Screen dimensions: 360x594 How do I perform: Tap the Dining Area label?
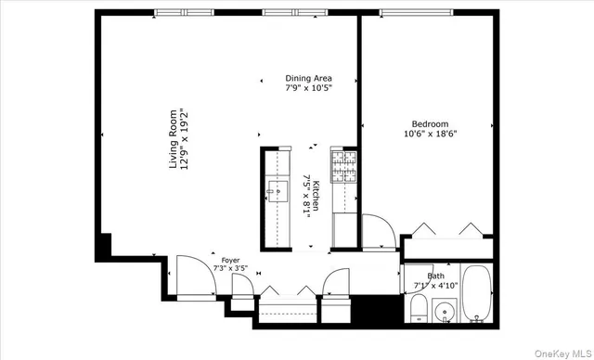[308, 79]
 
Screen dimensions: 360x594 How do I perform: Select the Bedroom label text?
[430, 123]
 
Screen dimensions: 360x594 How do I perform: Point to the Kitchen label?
[316, 195]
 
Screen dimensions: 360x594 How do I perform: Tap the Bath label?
[435, 276]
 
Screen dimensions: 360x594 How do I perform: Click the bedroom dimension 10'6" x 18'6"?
[430, 134]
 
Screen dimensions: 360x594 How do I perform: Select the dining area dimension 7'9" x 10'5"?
[308, 89]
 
